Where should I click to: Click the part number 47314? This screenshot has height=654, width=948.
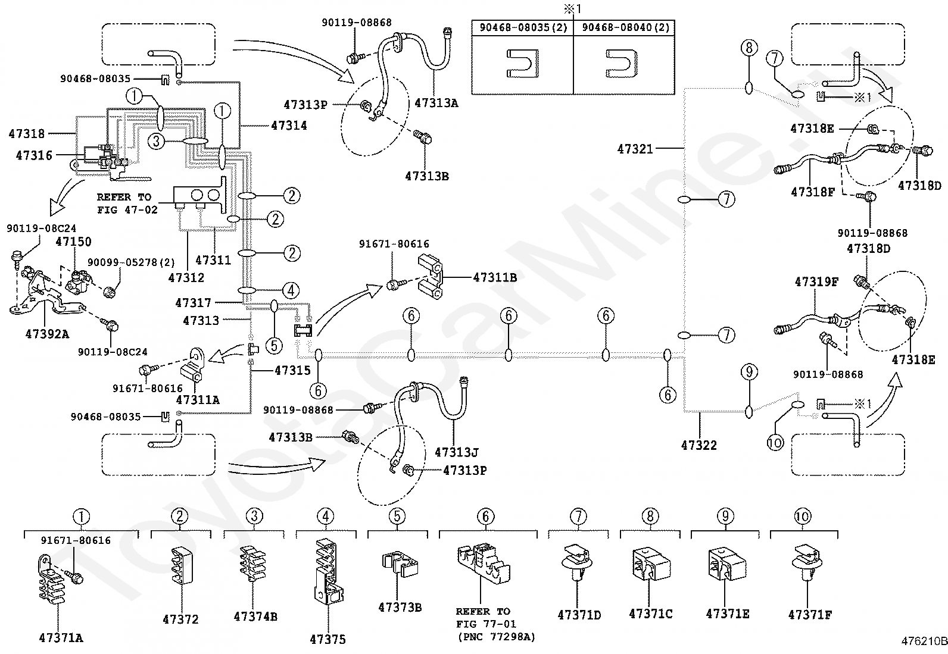289,125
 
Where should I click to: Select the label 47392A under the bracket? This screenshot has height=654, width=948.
47,334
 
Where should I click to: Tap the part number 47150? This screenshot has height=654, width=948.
73,242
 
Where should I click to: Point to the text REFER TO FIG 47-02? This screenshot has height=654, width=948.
127,203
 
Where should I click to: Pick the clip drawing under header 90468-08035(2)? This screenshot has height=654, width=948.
523,64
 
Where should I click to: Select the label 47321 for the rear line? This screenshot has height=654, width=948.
635,149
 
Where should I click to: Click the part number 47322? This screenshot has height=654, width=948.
698,445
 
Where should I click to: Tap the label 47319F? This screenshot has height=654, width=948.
816,281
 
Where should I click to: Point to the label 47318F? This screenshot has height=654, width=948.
813,192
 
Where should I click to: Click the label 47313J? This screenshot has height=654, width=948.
457,452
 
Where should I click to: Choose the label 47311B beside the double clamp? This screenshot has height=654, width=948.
495,277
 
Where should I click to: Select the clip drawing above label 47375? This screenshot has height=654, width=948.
329,571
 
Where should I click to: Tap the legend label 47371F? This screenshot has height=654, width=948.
810,615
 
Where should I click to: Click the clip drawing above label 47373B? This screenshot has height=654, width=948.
400,564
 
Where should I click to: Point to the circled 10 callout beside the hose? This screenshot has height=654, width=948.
775,443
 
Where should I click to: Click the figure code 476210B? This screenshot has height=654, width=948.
924,642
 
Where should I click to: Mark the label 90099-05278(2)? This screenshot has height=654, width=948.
131,262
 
